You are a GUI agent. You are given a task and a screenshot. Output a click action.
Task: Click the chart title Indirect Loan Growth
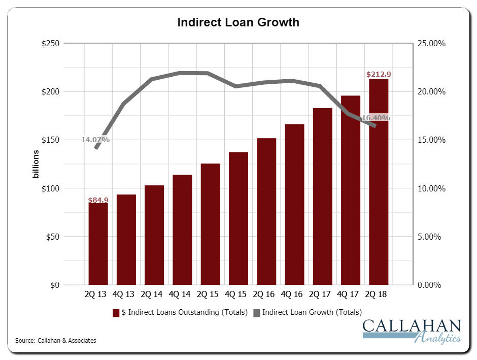(237, 22)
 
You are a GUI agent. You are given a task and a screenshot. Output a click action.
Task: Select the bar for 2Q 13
(98, 244)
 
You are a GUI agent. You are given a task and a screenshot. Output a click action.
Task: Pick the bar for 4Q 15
(238, 218)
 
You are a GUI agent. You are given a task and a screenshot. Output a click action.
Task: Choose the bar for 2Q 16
(266, 211)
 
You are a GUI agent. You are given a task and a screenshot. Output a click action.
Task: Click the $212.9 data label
(379, 75)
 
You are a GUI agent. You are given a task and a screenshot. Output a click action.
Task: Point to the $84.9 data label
(98, 200)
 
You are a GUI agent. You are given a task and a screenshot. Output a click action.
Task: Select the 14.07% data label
(95, 140)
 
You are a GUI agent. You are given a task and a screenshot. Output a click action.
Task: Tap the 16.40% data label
(376, 118)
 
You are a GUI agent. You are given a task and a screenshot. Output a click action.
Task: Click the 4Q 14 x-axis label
(182, 294)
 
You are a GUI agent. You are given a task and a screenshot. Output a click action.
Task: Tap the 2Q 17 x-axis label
(322, 294)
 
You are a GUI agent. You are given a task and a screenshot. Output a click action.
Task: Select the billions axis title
(36, 165)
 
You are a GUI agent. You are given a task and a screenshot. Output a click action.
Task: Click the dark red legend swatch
(116, 312)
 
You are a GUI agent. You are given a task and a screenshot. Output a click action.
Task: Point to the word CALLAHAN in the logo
(412, 326)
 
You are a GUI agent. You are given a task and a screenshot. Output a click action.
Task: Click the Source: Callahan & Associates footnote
(56, 340)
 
